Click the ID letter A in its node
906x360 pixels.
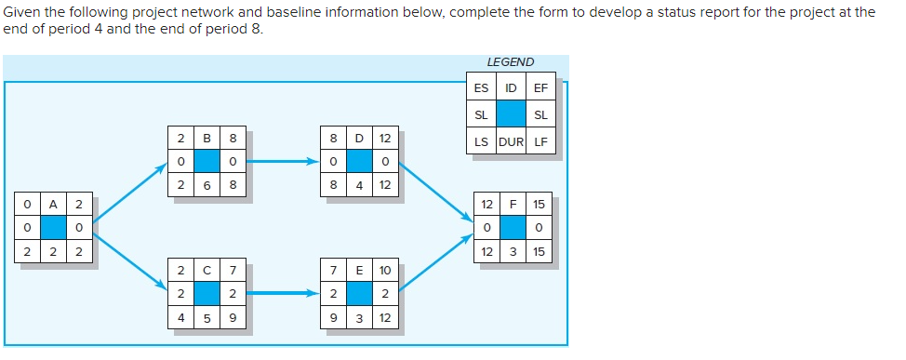click(53, 204)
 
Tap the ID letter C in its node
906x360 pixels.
click(207, 271)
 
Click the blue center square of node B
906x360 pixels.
click(207, 161)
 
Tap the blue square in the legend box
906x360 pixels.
click(511, 114)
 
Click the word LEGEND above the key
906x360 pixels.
click(511, 62)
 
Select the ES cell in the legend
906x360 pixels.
click(481, 88)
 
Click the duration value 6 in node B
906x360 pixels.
click(207, 184)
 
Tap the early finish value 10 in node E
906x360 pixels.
click(384, 271)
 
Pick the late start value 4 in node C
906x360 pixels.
click(180, 316)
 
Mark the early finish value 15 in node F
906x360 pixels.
click(540, 204)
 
